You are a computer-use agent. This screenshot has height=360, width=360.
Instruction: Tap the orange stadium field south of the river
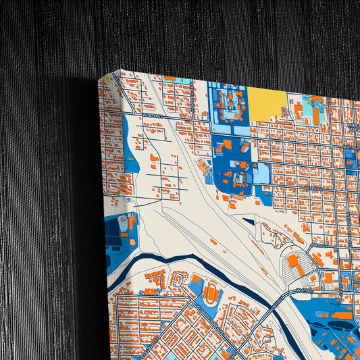point(210,294)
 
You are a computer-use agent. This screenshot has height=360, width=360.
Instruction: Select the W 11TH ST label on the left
point(153,116)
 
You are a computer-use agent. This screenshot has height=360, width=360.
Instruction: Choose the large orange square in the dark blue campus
point(228,144)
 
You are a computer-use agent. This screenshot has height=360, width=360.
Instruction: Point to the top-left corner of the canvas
point(100,79)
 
